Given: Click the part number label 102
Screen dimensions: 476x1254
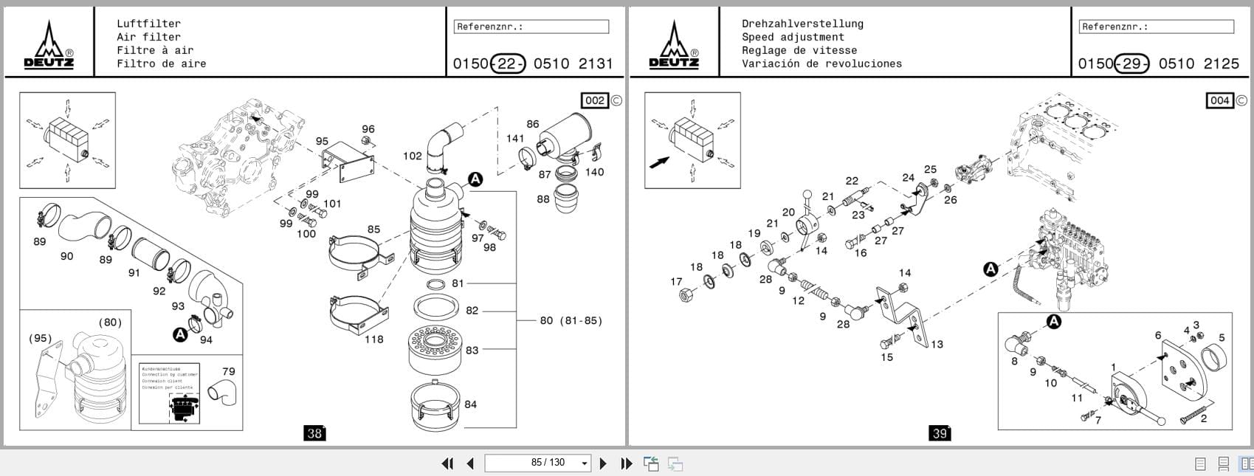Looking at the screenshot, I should [412, 156].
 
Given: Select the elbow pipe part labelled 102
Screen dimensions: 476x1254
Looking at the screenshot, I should [444, 145].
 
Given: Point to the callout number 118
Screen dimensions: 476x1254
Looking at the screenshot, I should [373, 339].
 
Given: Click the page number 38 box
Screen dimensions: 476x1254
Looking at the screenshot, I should [314, 433].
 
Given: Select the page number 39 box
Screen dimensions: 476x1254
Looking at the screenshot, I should [939, 433].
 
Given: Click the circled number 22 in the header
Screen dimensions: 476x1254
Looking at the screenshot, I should [507, 63].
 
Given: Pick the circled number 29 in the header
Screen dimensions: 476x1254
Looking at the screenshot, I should [1131, 63].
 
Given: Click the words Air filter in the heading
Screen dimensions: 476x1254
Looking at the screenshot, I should [148, 37].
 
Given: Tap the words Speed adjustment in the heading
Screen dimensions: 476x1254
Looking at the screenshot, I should [793, 37].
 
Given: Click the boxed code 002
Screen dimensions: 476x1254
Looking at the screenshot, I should [595, 100].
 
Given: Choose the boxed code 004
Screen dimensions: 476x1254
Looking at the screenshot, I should [1219, 100].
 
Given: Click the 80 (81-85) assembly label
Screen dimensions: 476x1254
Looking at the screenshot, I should [571, 320].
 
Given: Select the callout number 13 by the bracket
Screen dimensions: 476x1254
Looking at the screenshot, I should [936, 344].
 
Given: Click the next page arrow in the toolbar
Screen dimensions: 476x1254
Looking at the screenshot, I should [603, 463].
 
